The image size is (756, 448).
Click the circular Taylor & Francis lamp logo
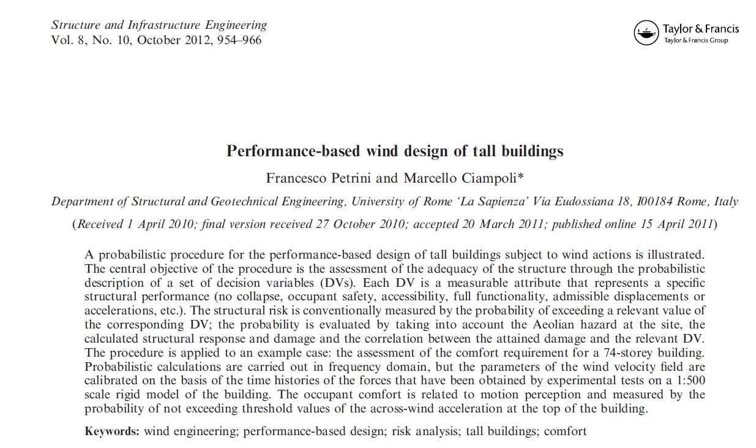[646, 33]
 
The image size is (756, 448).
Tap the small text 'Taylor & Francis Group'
[696, 41]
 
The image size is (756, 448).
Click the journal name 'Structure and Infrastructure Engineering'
[159, 25]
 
